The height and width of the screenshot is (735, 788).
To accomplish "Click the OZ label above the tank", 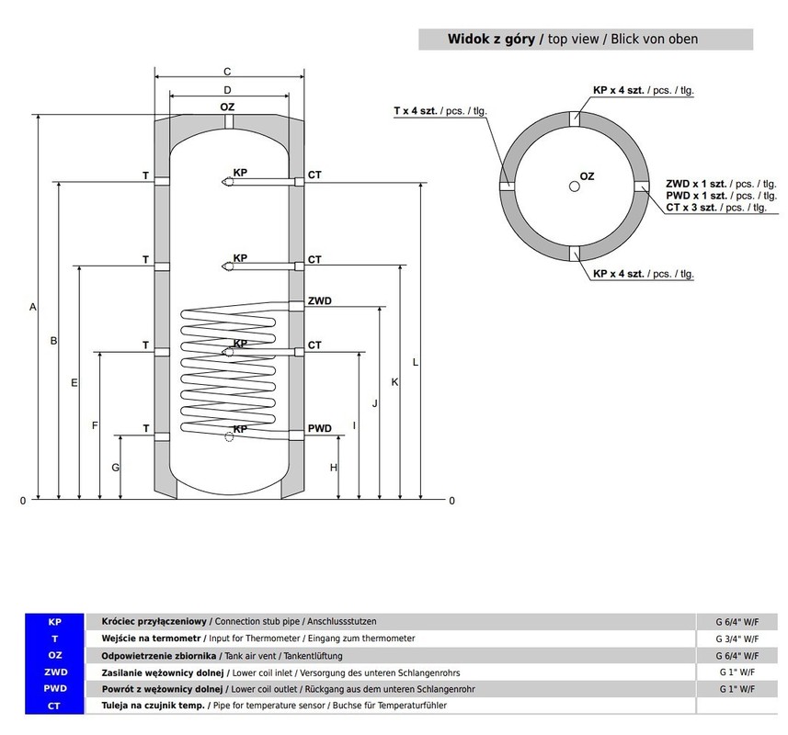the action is (227, 107).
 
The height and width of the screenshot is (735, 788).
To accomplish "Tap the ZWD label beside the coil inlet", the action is (320, 300).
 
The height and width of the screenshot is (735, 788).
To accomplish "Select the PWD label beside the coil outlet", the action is (320, 428).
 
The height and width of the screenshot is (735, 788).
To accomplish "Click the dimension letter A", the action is (33, 307).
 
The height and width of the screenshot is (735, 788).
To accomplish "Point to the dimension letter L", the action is (415, 362).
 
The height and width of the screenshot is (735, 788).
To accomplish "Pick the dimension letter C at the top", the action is (227, 72).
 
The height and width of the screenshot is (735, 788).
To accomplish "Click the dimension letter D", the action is (227, 90).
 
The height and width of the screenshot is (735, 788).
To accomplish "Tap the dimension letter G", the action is (116, 468).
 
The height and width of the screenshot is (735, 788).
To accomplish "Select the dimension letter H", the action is (333, 468).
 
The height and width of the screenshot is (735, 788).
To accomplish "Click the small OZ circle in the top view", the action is (575, 187).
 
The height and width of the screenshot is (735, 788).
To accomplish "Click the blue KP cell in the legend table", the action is (55, 622).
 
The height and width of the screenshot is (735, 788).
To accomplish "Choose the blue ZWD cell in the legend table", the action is (55, 672).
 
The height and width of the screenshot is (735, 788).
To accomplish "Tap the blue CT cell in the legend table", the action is (55, 706).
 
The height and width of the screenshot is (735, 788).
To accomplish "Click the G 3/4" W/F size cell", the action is (737, 639).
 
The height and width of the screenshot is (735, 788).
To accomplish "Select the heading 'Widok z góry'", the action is (491, 39).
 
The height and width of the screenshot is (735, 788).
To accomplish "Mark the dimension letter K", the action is (394, 382).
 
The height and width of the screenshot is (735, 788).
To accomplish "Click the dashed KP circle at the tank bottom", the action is (229, 436).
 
